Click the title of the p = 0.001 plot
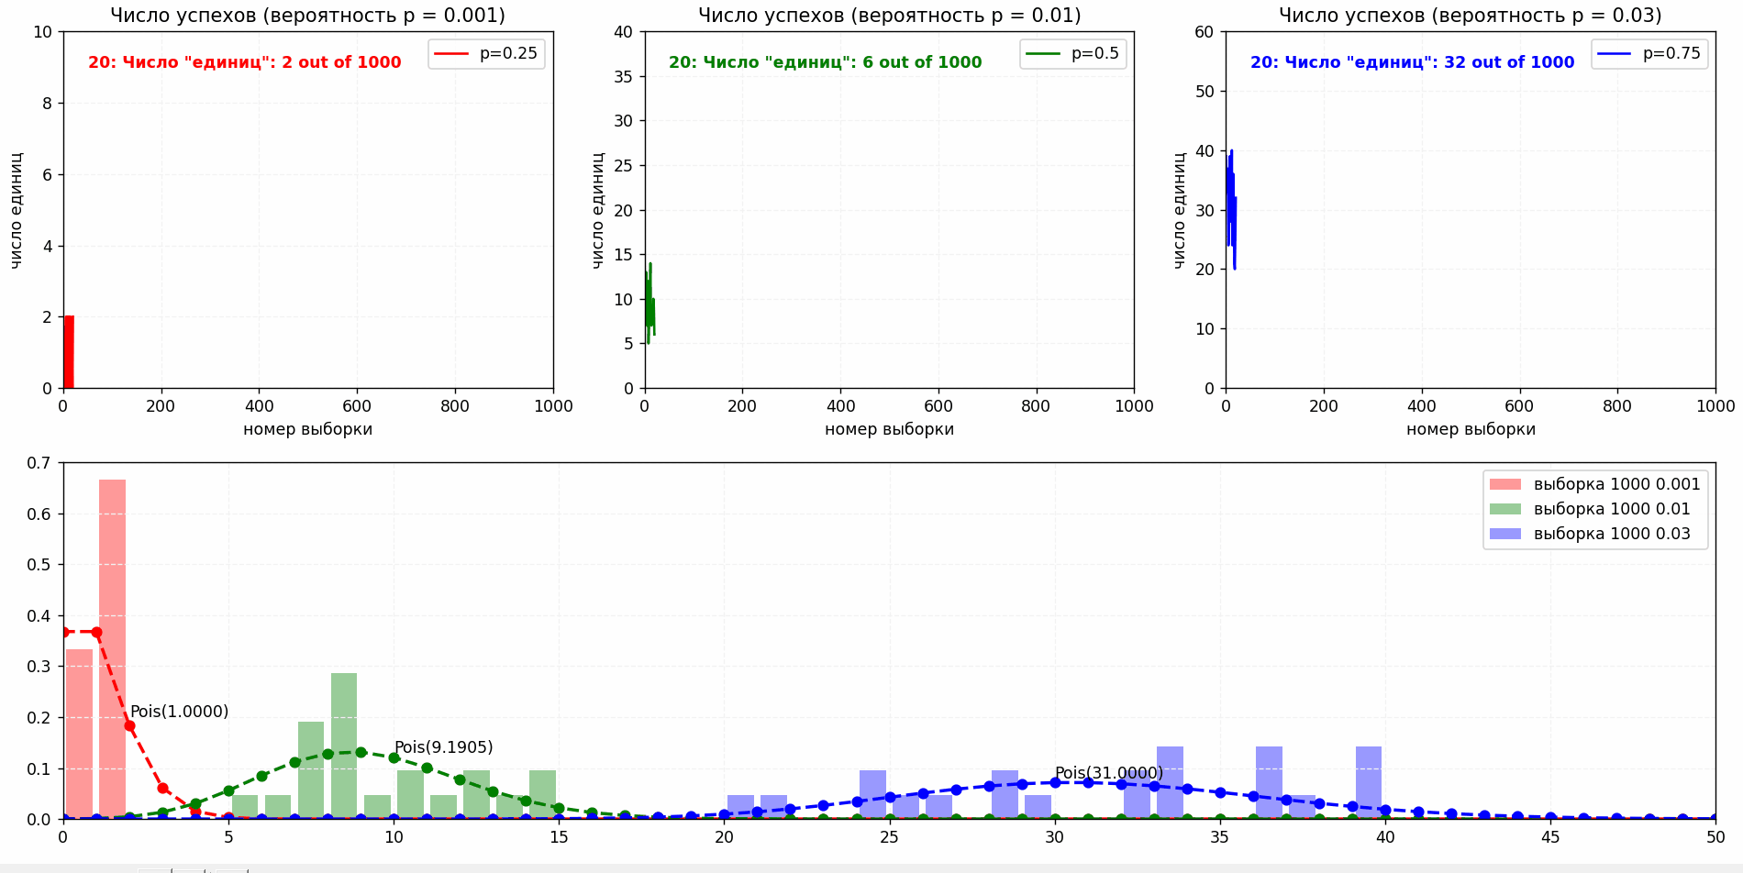point(307,16)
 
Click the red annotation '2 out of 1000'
point(244,62)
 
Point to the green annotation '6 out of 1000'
point(825,62)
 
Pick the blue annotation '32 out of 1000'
point(1412,62)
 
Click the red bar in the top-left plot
point(68,352)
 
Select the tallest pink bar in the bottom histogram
point(112,648)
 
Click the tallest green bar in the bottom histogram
point(344,746)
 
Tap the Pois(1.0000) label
point(179,712)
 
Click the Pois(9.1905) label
point(443,747)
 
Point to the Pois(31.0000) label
point(1108,773)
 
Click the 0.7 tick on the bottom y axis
point(39,463)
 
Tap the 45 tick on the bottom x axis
point(1550,837)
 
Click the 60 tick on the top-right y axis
point(1204,32)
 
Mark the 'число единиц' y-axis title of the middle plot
point(598,210)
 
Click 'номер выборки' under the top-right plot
point(1471,429)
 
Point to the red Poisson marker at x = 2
point(129,726)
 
